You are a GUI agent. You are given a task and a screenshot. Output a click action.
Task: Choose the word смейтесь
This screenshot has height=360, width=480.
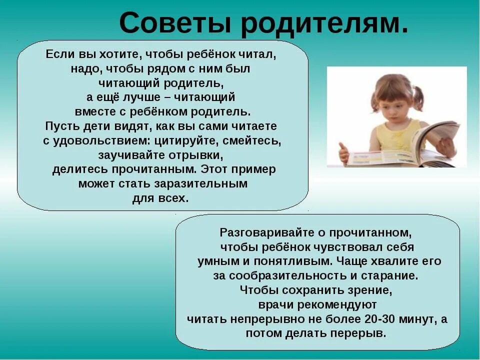[252, 140]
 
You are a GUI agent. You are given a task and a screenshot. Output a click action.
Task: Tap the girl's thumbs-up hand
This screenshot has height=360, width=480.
[343, 153]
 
